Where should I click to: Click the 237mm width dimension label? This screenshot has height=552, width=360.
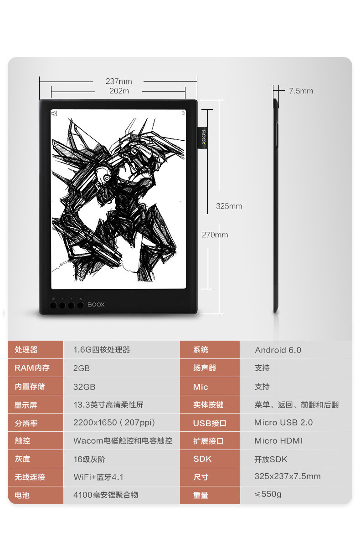point(118,81)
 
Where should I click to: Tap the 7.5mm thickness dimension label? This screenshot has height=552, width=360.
point(301,91)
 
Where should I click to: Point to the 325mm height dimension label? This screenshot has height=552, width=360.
point(229,206)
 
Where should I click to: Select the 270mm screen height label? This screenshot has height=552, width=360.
point(215,235)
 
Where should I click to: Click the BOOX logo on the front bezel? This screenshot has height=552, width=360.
point(96,304)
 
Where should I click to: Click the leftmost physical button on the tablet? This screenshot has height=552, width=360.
point(53,305)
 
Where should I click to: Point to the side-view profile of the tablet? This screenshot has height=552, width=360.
point(276,200)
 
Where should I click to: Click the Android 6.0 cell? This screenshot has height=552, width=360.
point(278,350)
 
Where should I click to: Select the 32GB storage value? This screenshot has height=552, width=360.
point(84,386)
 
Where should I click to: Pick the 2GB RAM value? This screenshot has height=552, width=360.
point(82,368)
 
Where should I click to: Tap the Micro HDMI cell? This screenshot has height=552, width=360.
point(278,440)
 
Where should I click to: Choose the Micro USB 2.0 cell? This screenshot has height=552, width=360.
point(283,422)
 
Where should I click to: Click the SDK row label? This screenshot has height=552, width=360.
point(202,459)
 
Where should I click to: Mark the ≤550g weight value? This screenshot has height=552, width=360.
point(268,494)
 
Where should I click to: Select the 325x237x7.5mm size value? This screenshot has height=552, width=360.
point(287,476)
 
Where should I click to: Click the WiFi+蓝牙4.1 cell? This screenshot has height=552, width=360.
point(98,477)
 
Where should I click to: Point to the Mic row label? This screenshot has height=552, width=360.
point(201,387)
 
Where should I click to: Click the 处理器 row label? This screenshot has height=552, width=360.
point(26,350)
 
